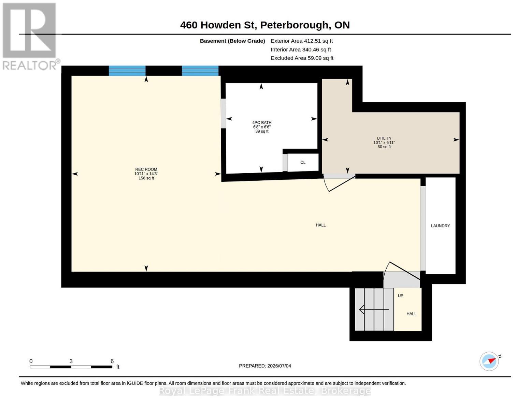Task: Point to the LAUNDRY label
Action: pos(440,226)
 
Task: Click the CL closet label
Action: pos(303,162)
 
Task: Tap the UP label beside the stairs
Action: pos(400,296)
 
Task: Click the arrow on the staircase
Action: pos(374,310)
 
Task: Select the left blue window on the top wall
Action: pos(127,71)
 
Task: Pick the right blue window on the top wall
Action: pos(200,71)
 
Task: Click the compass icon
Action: pos(489,361)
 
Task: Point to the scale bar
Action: pos(71,367)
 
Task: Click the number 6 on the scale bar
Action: pos(112,361)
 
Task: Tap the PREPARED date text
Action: pos(265,366)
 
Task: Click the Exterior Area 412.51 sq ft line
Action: pos(302,41)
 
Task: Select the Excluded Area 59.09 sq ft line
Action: pos(302,58)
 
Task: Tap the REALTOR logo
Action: pos(30,37)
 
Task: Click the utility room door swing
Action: pos(339,183)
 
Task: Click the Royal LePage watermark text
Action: pos(264,391)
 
